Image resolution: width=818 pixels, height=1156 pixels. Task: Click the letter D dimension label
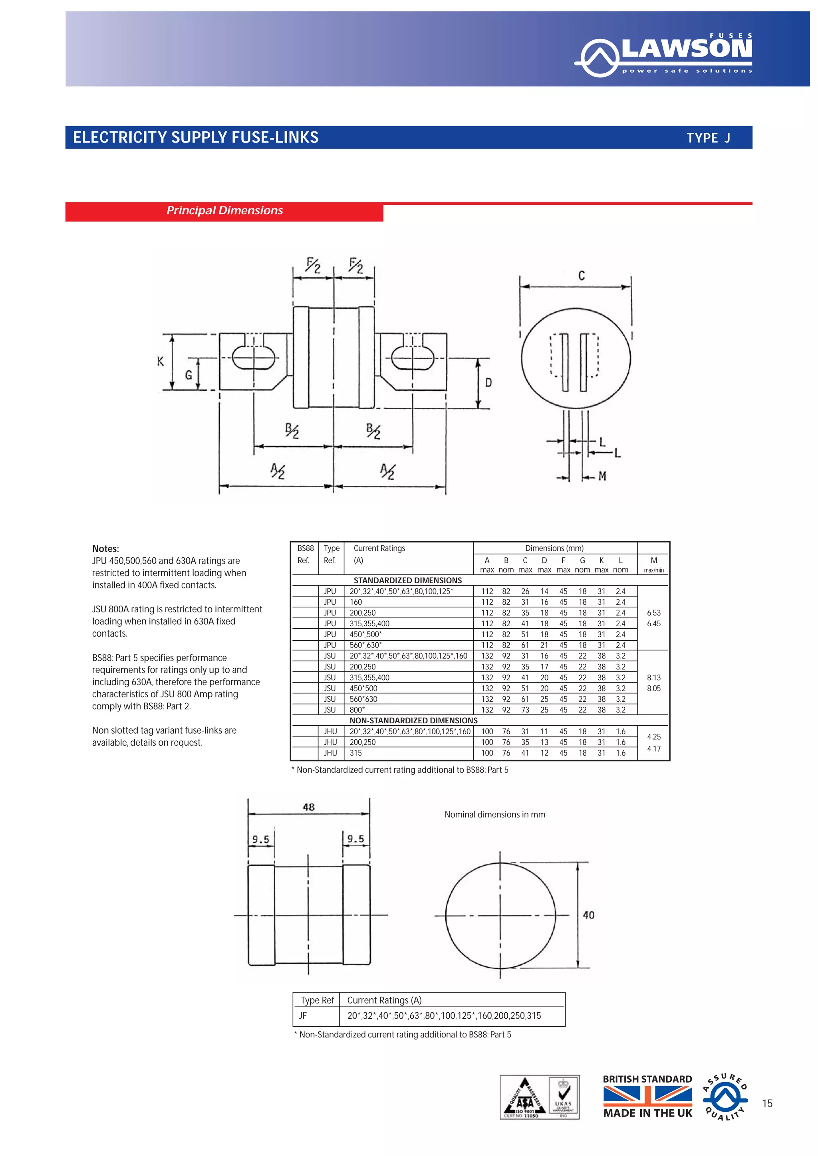pos(488,383)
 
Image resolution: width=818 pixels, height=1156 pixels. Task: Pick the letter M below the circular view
pos(602,476)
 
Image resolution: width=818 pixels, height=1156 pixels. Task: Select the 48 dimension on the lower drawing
pos(308,807)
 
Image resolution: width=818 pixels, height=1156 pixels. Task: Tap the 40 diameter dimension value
pos(588,915)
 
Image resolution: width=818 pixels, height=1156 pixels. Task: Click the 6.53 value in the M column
pos(653,613)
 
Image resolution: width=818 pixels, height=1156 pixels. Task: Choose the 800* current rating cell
pos(357,710)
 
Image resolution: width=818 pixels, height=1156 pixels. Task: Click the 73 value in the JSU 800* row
pos(525,710)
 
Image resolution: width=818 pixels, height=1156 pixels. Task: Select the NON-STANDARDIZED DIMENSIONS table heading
pos(413,721)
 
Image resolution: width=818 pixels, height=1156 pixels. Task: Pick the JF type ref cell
pos(303,1015)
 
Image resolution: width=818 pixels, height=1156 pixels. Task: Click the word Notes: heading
pos(105,549)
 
